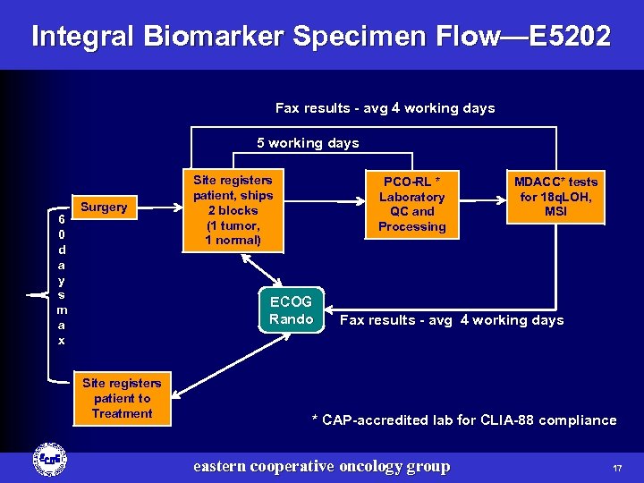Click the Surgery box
click(x=104, y=208)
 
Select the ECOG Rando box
click(x=291, y=310)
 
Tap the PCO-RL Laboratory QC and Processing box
click(x=411, y=204)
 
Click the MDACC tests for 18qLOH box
click(x=555, y=197)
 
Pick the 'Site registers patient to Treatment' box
click(x=122, y=398)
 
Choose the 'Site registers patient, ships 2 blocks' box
click(x=233, y=210)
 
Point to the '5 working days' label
click(x=308, y=143)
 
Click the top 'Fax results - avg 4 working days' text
click(x=385, y=108)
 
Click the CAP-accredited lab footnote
click(x=463, y=420)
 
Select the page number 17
click(x=617, y=468)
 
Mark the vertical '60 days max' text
click(x=60, y=279)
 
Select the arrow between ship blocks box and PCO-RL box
click(x=319, y=203)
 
